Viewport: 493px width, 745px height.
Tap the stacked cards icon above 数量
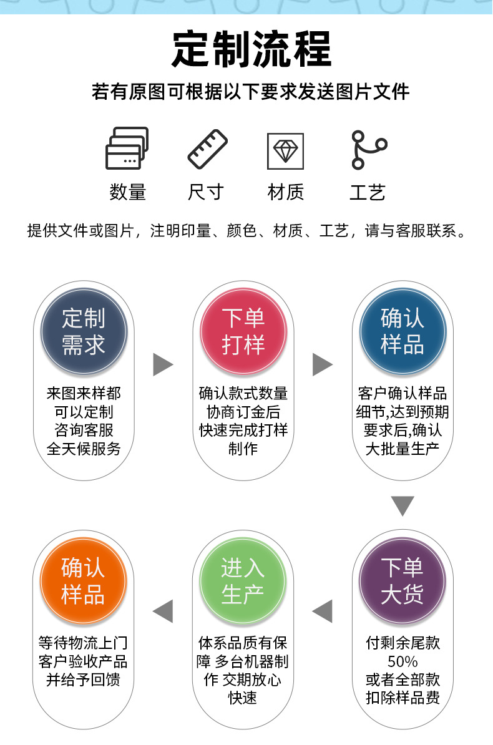pos(127,149)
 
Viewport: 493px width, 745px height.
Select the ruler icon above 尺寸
pos(208,149)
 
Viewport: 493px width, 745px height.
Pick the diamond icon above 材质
pos(286,150)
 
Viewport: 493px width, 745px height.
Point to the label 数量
pos(127,192)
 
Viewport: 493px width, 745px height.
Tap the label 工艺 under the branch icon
pos(367,192)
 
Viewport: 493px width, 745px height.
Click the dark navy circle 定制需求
pos(84,331)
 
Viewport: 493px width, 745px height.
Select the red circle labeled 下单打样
pos(243,331)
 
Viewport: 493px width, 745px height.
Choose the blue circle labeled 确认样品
pos(403,331)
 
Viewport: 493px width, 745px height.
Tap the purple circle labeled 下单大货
pos(403,581)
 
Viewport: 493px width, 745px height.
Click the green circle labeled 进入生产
pos(243,581)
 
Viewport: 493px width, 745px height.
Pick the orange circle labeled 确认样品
pos(84,581)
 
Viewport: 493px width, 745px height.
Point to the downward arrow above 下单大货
pos(403,505)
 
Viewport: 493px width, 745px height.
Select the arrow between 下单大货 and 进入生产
pos(323,611)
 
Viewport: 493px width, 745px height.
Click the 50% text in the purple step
pos(403,661)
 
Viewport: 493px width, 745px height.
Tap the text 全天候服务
pos(84,449)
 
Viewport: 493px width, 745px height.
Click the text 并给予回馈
pos(84,679)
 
